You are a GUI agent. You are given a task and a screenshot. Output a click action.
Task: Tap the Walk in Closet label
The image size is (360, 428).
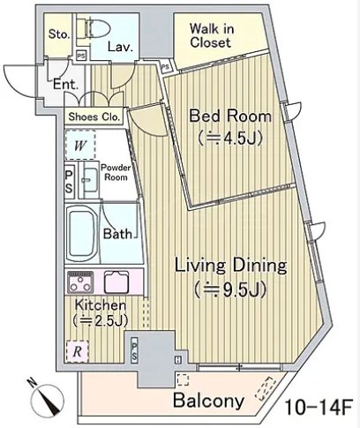pos(212,35)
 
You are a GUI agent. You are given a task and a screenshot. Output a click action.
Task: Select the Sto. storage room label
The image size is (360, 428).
pos(59,34)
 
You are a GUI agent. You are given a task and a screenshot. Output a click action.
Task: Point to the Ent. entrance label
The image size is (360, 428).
pos(65,85)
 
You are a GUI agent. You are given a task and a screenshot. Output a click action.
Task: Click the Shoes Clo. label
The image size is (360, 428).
pos(94,117)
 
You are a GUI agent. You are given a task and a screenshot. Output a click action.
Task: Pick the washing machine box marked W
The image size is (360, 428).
pos(80,145)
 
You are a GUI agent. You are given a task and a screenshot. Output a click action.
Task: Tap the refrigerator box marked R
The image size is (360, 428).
pos(77,351)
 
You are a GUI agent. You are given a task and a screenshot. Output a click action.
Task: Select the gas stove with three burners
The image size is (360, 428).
pos(80,282)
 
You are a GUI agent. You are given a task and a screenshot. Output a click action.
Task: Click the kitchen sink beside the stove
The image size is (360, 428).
pos(116,282)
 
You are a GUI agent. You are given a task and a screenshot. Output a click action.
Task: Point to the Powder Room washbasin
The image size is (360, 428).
pos(90,180)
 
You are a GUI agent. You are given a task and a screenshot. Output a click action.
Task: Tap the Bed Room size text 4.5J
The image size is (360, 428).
pos(230,139)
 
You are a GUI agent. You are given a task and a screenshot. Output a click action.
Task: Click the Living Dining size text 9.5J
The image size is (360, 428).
pos(230,289)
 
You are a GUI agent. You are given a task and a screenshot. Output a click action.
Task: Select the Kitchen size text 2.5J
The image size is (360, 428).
pos(101,320)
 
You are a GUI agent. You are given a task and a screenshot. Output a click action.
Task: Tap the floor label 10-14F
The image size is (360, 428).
pos(319,408)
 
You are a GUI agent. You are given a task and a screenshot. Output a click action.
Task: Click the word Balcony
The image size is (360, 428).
pos(208,401)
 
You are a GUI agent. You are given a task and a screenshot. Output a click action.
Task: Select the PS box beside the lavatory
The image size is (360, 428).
pos(81,56)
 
